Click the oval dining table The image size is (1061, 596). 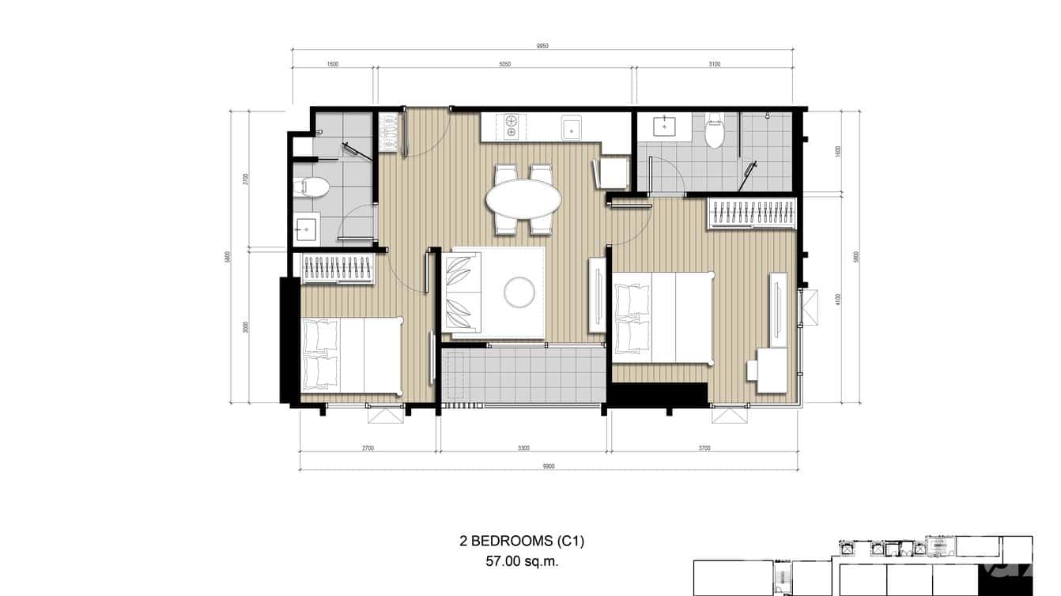point(523,198)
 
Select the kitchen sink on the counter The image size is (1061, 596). point(572,127)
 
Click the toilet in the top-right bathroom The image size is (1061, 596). point(715,130)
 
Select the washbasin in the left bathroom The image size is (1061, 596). point(306,228)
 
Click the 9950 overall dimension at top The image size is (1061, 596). point(542,46)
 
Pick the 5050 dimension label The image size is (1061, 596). point(504,64)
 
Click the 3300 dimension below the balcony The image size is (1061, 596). point(523,448)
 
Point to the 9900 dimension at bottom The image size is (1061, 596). point(549,466)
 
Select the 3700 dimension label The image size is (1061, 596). point(704,448)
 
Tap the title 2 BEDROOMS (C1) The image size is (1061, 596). point(522,541)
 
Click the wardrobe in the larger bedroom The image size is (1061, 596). point(751,214)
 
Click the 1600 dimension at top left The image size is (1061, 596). point(332,64)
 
